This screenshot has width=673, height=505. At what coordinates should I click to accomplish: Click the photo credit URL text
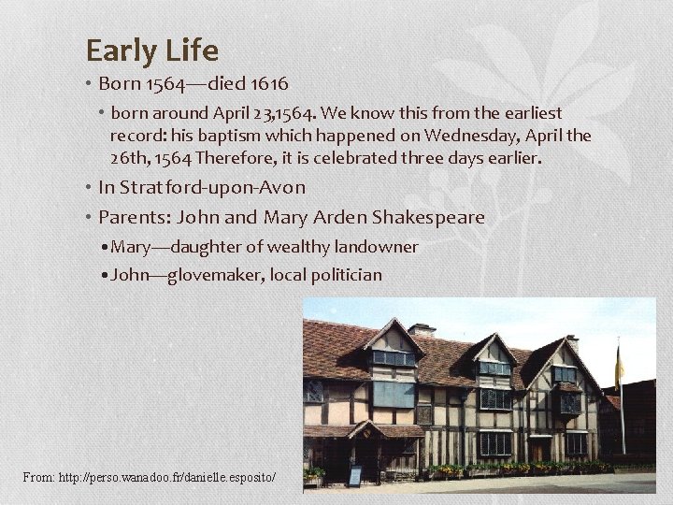click(x=150, y=478)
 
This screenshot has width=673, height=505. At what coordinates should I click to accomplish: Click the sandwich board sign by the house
click(x=355, y=475)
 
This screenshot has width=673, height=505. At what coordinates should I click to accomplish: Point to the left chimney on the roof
click(x=422, y=330)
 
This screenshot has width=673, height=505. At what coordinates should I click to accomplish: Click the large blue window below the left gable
click(x=394, y=394)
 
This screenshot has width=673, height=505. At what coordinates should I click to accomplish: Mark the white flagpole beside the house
click(x=623, y=411)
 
